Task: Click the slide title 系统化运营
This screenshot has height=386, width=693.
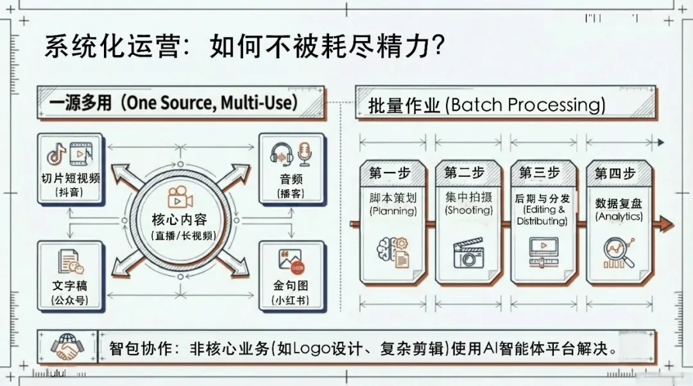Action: point(109,47)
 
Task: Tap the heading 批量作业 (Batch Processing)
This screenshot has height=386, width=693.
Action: point(486,105)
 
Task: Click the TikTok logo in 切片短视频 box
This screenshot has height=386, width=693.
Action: point(56,155)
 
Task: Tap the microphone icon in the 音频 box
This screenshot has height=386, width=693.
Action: point(304,154)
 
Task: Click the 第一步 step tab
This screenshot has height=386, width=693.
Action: point(390,173)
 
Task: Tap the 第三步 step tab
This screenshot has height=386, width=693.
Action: point(540,173)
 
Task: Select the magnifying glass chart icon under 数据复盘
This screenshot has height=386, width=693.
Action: point(619,252)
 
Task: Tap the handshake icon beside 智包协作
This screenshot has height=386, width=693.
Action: point(67,347)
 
